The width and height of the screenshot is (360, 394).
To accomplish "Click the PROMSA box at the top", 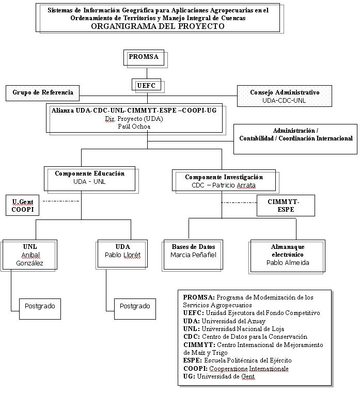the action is click(144, 57).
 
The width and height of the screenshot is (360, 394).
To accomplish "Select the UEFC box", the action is click(146, 85).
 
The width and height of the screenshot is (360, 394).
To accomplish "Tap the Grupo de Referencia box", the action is click(42, 93).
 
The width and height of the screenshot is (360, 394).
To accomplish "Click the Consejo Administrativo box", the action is click(284, 96).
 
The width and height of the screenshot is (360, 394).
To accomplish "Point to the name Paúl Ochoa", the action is click(134, 127).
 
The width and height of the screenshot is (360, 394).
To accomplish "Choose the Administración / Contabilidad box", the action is click(295, 139).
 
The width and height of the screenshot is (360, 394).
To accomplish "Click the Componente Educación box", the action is click(89, 179).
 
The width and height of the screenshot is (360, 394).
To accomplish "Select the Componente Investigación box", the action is click(224, 180).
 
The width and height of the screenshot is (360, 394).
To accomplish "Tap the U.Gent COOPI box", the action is click(22, 206).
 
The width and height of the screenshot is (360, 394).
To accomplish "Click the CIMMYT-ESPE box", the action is click(286, 206).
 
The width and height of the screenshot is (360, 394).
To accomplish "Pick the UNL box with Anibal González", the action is click(30, 255).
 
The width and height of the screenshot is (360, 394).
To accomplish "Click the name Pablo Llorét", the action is click(123, 255).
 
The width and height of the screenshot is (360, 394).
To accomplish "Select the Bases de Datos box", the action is click(193, 255).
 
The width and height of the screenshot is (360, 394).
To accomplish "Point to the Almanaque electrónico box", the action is click(288, 256).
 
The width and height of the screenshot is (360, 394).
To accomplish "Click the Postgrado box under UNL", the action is click(40, 309).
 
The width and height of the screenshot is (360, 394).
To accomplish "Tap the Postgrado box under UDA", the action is click(135, 309).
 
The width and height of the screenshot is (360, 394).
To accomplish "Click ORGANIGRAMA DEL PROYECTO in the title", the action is click(158, 26).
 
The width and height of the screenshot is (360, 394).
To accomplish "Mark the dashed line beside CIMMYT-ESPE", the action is click(239, 202).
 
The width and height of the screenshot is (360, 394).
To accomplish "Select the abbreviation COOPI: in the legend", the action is click(195, 369).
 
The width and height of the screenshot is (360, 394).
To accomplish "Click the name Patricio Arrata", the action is click(234, 185).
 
